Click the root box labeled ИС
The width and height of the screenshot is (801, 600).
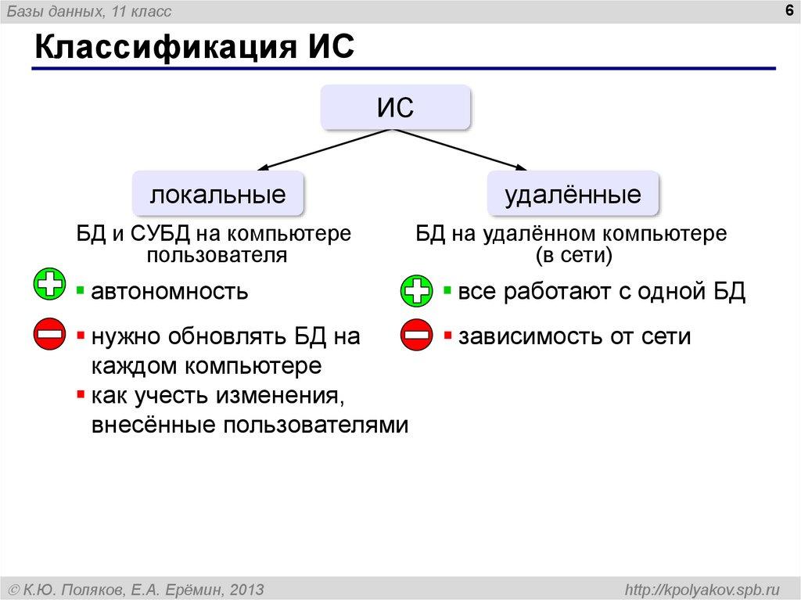point(395,107)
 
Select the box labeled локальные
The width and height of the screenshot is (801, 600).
point(217,194)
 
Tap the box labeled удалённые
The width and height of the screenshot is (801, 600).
point(573,194)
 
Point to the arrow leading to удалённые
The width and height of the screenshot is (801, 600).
point(462,149)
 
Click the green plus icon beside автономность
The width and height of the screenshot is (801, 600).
point(50,284)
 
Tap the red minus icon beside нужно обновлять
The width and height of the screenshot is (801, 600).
point(50,336)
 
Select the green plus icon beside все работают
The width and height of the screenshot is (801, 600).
point(416,292)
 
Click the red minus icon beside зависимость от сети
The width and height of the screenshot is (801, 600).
point(416,336)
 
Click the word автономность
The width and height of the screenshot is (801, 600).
point(170,292)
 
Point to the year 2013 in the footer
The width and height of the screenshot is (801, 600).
point(246,588)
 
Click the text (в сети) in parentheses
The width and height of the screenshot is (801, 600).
point(573,254)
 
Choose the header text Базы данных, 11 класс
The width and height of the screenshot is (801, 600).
point(89,11)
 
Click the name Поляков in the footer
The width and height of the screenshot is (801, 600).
point(92,588)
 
